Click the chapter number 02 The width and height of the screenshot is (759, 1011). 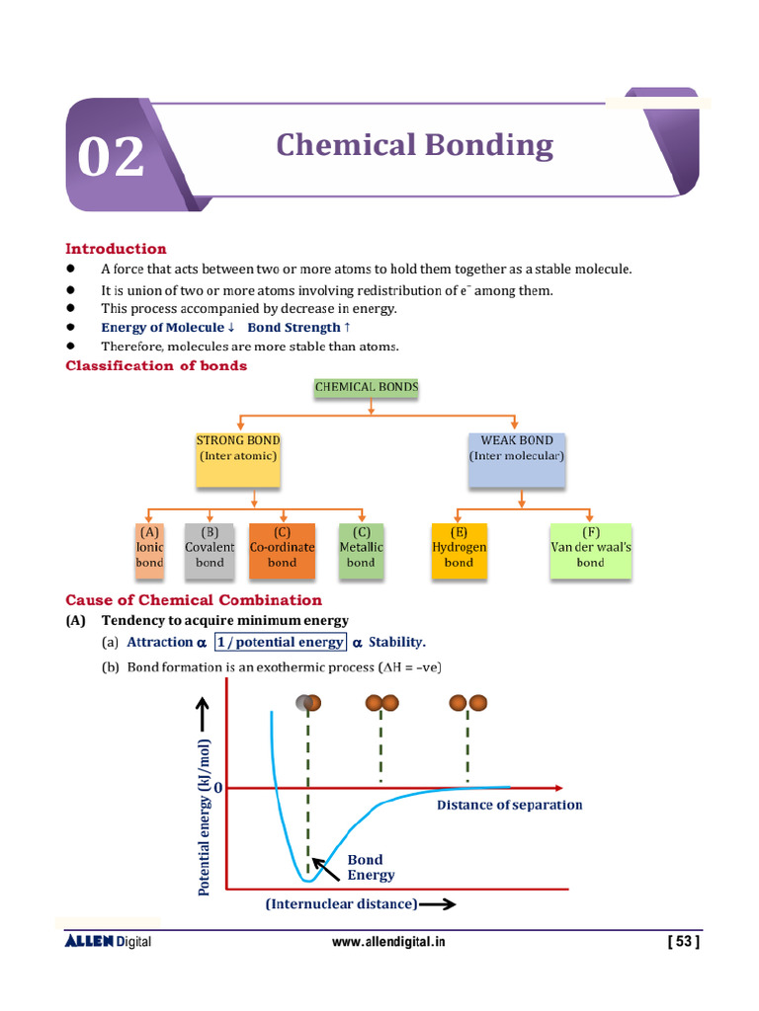111,158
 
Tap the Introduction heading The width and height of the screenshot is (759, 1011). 116,249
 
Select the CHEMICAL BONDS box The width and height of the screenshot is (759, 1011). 367,388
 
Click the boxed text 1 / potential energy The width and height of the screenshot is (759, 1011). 281,642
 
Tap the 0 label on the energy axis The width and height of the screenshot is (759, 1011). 217,788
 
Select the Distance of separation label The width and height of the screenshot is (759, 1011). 510,805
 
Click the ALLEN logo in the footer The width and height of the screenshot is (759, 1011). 90,942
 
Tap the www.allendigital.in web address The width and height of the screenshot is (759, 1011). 388,943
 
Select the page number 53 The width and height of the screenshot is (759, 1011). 684,943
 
